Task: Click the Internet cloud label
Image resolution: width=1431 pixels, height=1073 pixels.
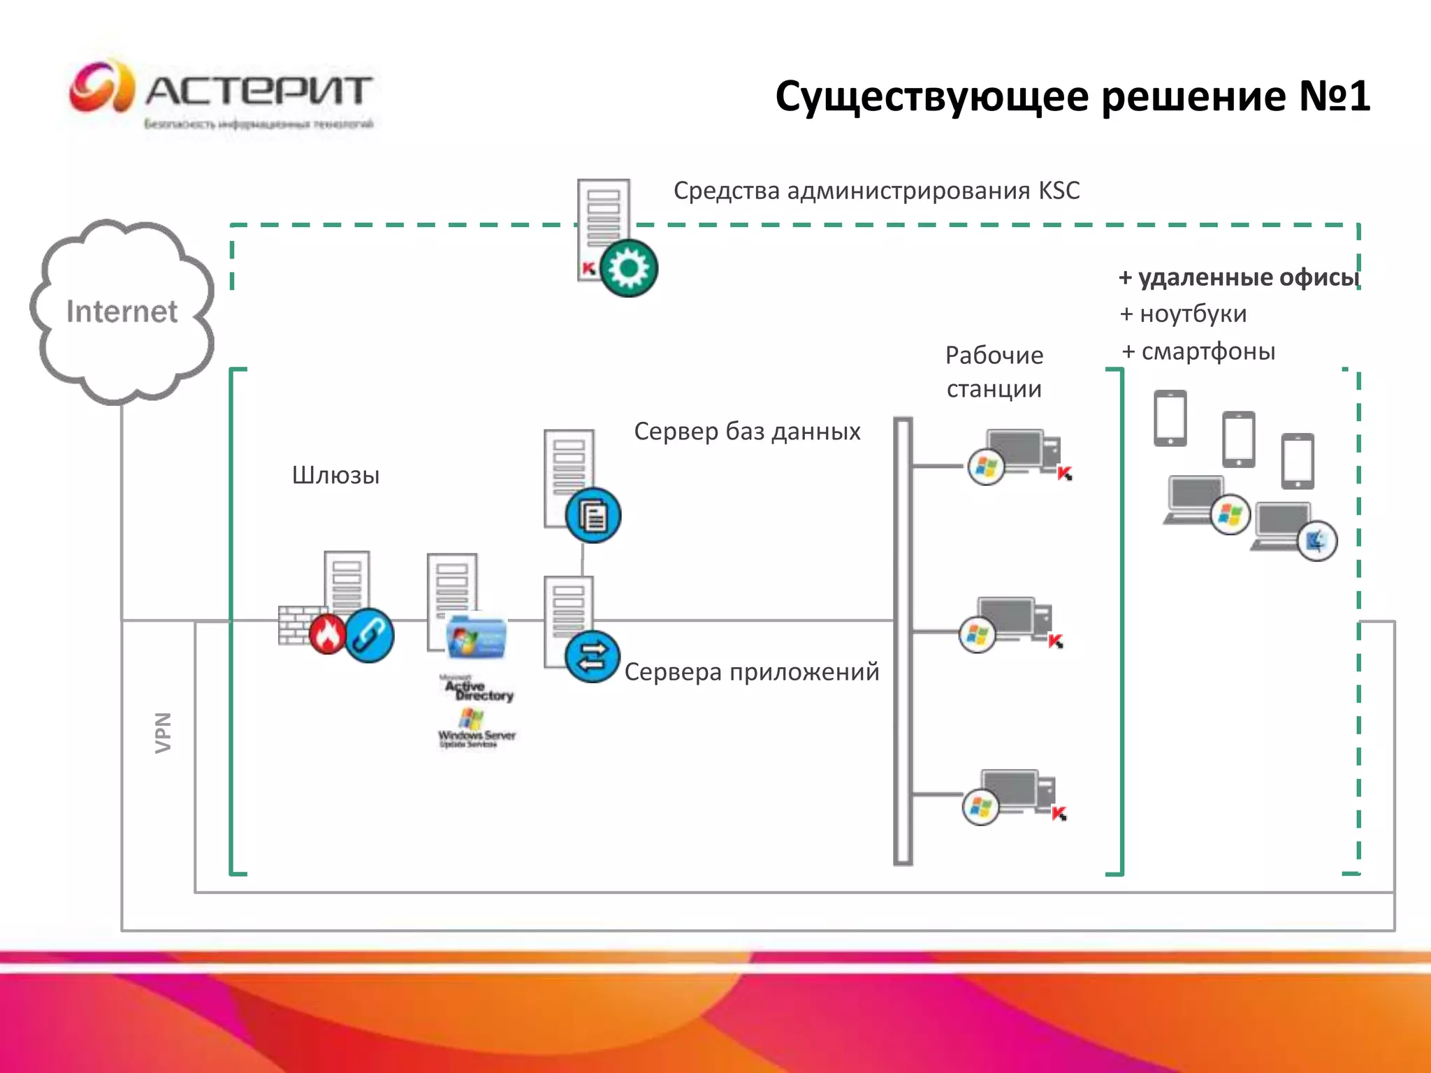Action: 122,312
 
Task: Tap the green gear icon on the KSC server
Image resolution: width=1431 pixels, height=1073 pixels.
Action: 628,268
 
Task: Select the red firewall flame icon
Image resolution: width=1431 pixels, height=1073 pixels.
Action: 328,634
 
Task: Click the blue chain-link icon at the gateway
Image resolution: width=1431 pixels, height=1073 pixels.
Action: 369,635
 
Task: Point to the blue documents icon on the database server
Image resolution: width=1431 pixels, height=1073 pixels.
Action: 593,516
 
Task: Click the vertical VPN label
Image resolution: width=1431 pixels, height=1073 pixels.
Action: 163,732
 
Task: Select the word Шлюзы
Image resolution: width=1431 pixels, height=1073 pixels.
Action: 335,476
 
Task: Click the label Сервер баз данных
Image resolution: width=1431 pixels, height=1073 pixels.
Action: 747,432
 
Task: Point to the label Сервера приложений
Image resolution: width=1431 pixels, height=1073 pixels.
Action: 751,672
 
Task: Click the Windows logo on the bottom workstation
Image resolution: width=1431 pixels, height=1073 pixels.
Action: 980,808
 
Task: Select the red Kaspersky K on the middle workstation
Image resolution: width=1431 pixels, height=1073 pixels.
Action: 1056,641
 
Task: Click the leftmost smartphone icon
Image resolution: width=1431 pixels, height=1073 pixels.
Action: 1170,418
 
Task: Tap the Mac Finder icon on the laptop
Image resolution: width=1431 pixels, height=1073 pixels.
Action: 1317,541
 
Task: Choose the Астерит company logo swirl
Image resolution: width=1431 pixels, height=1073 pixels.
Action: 102,87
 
